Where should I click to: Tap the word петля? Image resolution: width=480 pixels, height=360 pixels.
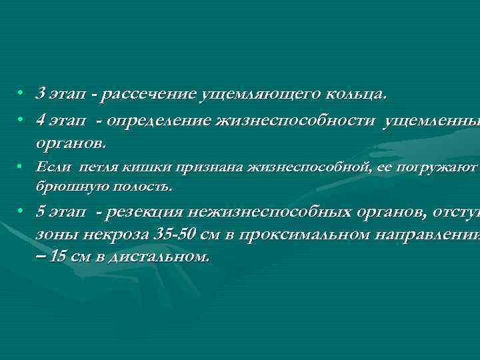pyautogui.click(x=95, y=167)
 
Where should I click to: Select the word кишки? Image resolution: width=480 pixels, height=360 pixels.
pyautogui.click(x=136, y=167)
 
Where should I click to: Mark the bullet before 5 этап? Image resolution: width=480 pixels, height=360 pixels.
pyautogui.click(x=21, y=212)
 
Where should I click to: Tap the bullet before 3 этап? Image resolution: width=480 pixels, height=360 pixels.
pyautogui.click(x=21, y=94)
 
